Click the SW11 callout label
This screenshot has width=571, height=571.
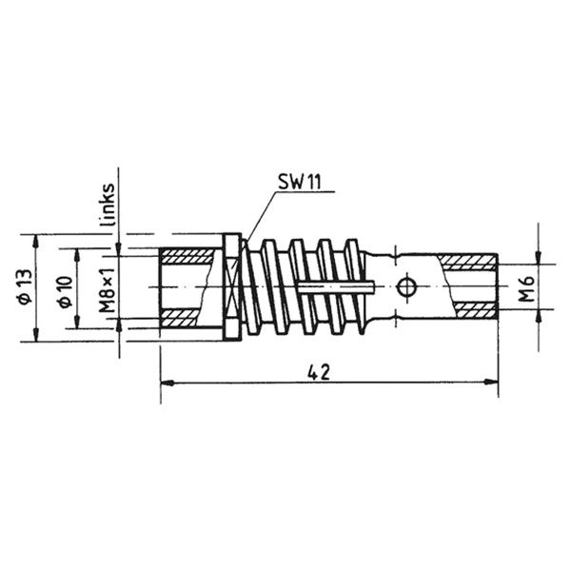tap(298, 182)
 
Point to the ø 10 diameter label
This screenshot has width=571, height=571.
tap(64, 288)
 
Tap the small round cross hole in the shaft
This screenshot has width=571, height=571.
tap(406, 285)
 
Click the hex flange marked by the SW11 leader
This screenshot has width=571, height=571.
tap(230, 286)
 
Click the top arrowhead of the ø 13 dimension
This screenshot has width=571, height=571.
tap(35, 239)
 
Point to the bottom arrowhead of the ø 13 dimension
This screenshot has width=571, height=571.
tap(35, 334)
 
